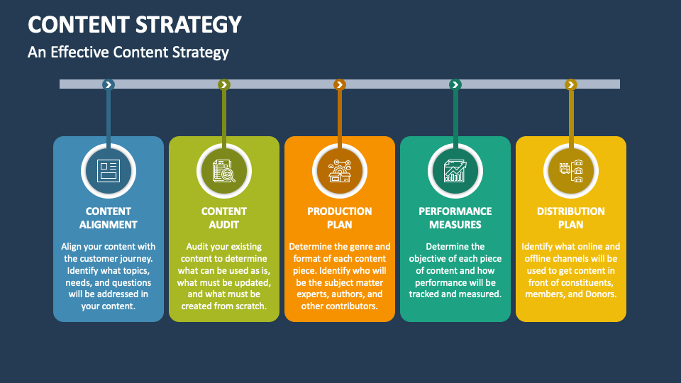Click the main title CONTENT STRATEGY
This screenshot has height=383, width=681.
[135, 24]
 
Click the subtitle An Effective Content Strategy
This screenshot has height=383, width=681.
[128, 52]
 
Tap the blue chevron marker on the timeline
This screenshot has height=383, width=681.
[109, 84]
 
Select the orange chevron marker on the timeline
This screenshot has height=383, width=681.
[340, 84]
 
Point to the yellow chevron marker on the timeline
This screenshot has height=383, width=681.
[570, 84]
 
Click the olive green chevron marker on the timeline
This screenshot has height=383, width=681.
[224, 84]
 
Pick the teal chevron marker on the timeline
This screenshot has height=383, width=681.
[455, 84]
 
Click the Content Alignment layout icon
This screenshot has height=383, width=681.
[109, 171]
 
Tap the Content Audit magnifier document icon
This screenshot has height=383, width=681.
[224, 171]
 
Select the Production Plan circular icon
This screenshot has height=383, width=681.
[340, 171]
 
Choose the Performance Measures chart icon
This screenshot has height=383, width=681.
[455, 171]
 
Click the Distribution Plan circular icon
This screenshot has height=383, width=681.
[570, 171]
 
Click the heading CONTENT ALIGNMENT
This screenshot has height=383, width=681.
[109, 218]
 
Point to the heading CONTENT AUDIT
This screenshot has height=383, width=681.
[224, 218]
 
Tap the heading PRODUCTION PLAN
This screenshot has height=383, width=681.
[340, 218]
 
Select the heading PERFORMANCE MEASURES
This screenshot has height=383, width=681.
[455, 218]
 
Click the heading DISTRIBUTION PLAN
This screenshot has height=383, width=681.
[570, 218]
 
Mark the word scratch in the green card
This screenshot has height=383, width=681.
[248, 306]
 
